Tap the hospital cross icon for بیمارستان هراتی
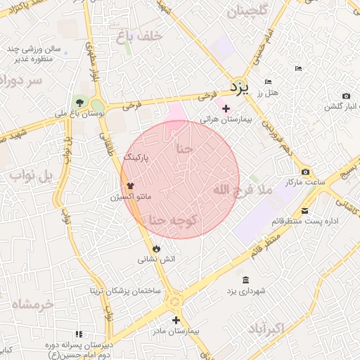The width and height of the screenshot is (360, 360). coord(225,108)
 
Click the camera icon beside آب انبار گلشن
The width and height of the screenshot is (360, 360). coord(345,96)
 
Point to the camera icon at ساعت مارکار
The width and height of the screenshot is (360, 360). coord(304,172)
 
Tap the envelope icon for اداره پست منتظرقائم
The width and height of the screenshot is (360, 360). coord(304,210)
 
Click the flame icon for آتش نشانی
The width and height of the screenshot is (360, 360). coord(155,248)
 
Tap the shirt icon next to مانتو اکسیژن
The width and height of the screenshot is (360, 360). coord(130,186)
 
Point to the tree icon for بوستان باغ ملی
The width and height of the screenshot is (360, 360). coord(79,103)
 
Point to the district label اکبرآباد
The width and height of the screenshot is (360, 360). coord(265,328)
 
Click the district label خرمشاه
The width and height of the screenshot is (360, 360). coord(33,304)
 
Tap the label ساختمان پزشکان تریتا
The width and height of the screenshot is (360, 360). coord(125,290)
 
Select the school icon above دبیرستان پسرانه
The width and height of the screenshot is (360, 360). coord(79,333)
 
